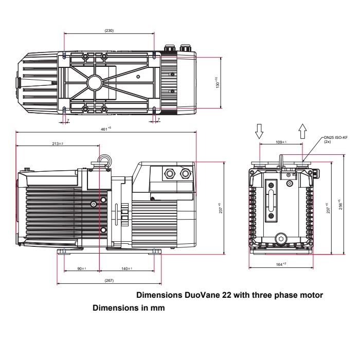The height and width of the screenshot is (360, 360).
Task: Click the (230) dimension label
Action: [x=109, y=30]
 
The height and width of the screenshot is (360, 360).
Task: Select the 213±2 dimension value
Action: [x=58, y=143]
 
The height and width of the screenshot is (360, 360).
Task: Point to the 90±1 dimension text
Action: [x=82, y=268]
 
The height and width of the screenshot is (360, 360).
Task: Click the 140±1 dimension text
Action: [x=127, y=268]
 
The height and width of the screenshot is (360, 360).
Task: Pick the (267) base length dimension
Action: [x=109, y=280]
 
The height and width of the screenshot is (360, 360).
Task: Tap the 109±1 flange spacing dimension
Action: [x=281, y=142]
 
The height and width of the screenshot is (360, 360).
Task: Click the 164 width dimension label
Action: [x=281, y=264]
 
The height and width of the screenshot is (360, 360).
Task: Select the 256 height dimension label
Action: [x=340, y=204]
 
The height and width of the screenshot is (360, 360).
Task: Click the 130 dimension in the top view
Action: [x=217, y=82]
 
